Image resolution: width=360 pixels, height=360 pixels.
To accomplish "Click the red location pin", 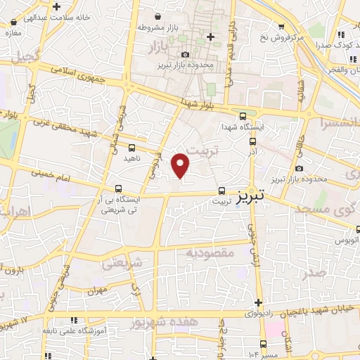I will pos(181,165).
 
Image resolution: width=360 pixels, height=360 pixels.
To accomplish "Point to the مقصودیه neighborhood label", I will pos(207,252).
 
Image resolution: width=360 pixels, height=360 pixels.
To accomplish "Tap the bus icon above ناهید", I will pos(132,148).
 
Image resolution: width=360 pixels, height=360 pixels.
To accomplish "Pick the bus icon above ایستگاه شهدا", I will pos(243,117).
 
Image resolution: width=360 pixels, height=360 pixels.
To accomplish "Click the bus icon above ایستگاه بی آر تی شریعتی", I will pos(118,188).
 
